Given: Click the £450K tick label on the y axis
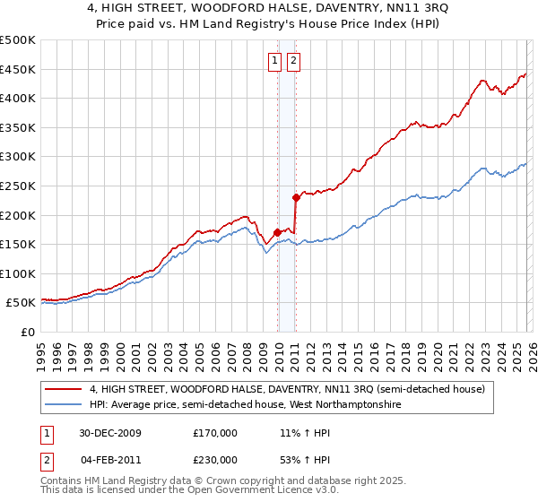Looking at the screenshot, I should click(x=18, y=69).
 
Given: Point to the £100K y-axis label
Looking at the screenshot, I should click(x=18, y=273).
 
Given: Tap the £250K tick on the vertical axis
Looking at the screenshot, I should click(x=18, y=186).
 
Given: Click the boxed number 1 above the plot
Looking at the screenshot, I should click(x=274, y=61).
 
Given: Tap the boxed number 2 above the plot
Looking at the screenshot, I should click(x=293, y=61).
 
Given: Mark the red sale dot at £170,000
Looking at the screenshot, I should click(x=277, y=233).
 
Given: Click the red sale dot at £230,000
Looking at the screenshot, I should click(x=295, y=197).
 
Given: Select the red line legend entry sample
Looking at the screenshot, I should click(x=65, y=389).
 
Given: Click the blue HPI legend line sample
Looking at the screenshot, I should click(x=65, y=405).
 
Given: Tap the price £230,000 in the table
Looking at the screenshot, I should click(x=215, y=459).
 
